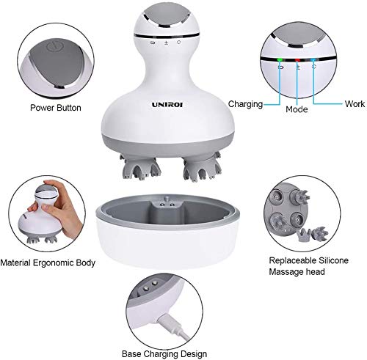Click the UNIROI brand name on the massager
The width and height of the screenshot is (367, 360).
click(167, 105)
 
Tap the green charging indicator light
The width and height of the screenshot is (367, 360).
click(280, 59)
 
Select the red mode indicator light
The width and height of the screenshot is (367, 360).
click(297, 60)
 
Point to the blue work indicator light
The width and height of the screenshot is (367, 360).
click(313, 59)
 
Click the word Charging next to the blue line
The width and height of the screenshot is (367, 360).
click(245, 104)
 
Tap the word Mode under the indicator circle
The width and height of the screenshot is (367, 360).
click(297, 109)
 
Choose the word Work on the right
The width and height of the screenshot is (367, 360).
click(355, 103)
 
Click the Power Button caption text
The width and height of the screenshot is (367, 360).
click(56, 108)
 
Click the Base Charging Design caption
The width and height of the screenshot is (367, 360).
click(164, 353)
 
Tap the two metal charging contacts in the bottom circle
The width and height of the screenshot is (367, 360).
click(150, 286)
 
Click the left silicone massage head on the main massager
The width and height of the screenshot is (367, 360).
click(140, 167)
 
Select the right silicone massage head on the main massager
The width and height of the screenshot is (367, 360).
click(203, 167)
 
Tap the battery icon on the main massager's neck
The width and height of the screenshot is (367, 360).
click(153, 43)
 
